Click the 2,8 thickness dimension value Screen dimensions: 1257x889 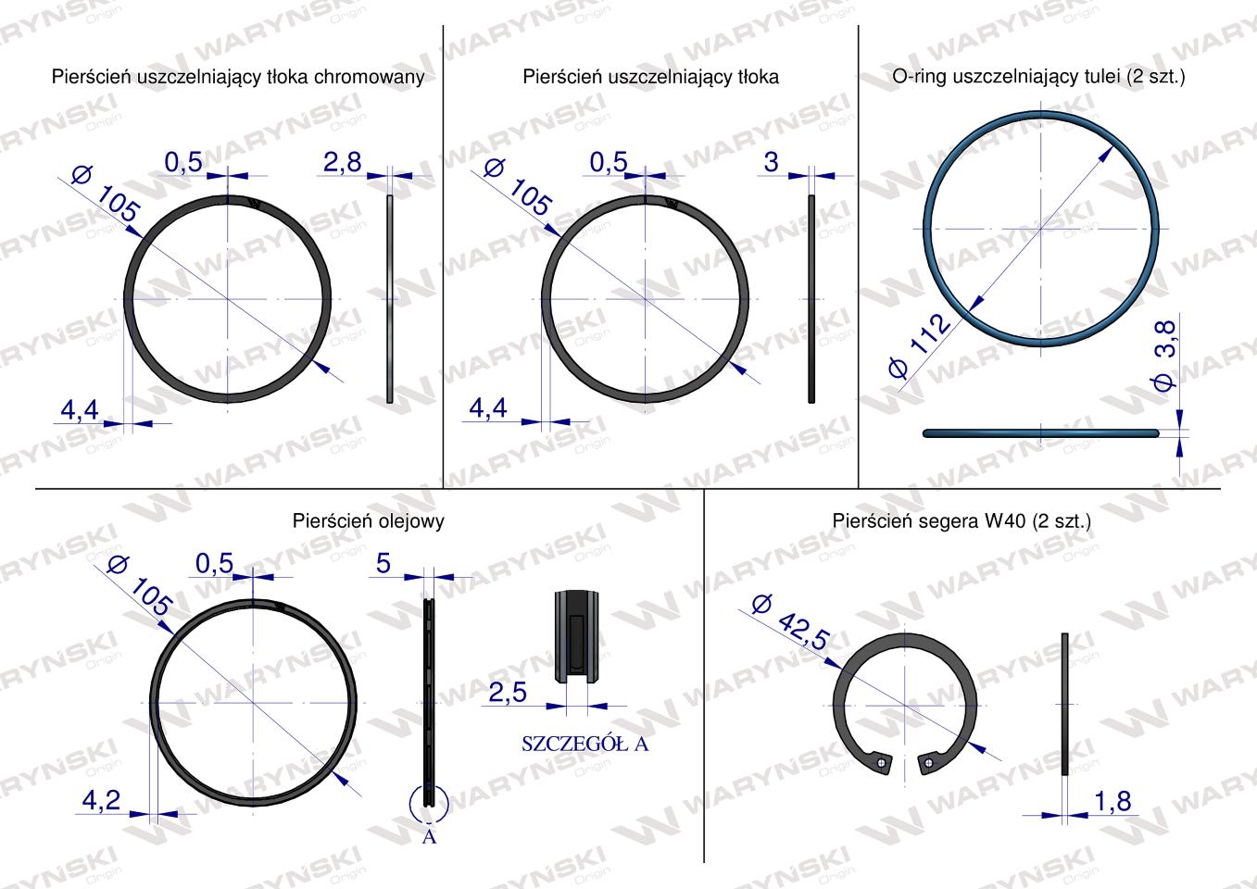coord(343,163)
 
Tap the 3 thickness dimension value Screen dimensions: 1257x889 coord(771,163)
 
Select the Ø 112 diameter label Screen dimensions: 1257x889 coord(920,346)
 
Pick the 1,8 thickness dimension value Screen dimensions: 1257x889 coord(1113,802)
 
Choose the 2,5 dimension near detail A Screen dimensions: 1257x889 coord(508,693)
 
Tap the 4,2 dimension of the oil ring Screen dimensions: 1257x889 coord(101,800)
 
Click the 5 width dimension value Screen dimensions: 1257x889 coord(383,563)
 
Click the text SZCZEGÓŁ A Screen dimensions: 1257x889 coord(585,745)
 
